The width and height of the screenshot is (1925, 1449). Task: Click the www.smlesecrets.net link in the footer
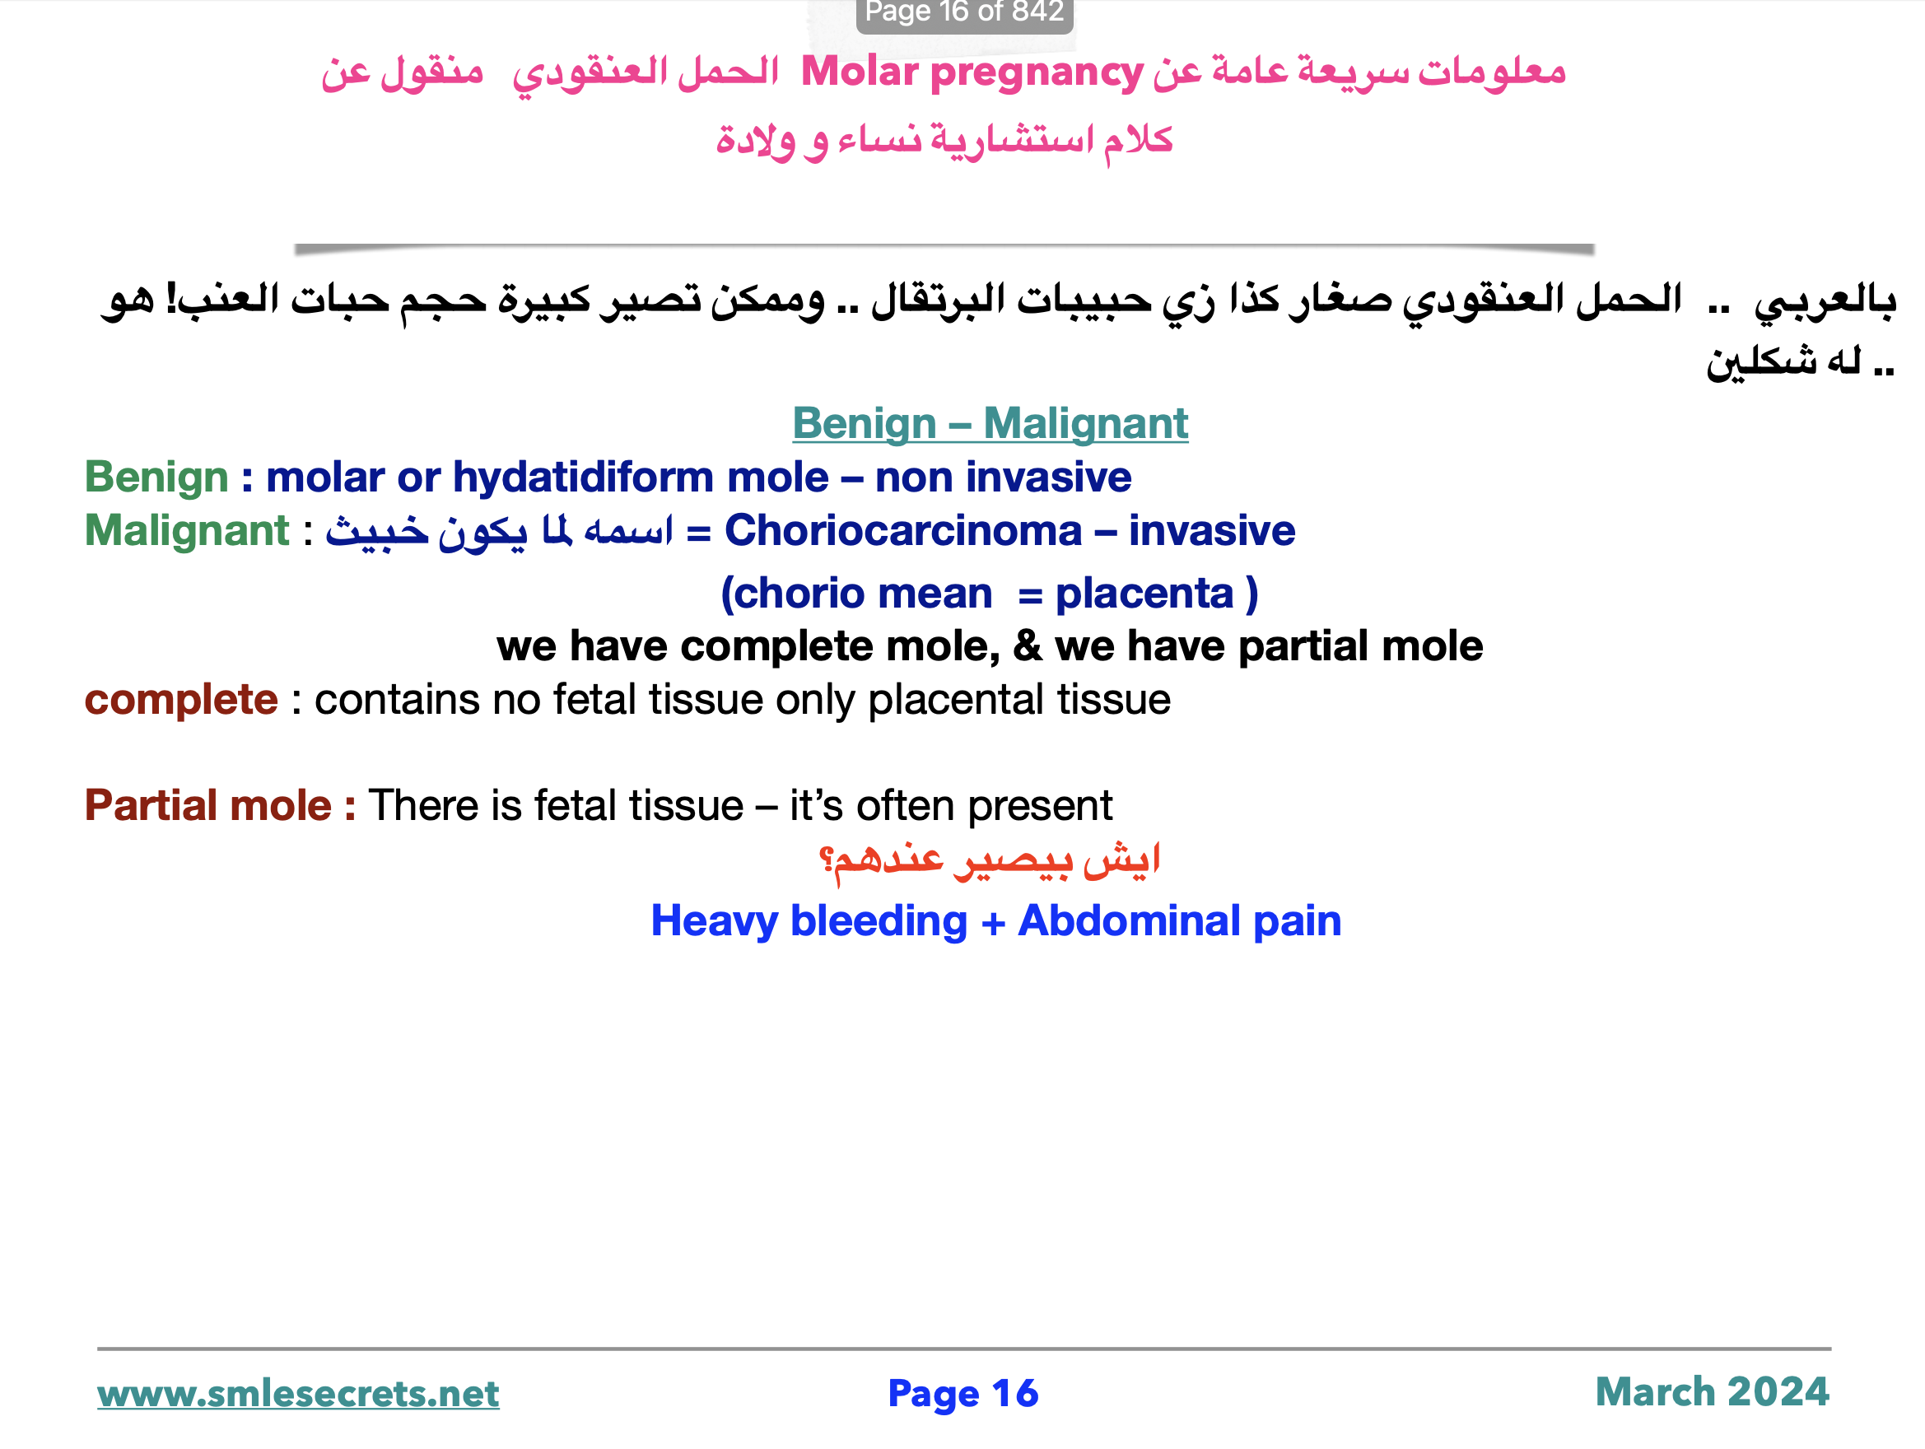click(297, 1394)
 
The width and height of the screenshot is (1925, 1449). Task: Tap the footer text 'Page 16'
click(962, 1393)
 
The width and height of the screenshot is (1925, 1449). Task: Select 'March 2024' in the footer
click(1712, 1391)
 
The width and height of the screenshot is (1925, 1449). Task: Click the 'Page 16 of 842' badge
click(963, 13)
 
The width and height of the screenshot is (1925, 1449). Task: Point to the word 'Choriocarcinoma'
click(902, 531)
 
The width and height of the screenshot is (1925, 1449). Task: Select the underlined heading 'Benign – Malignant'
click(990, 425)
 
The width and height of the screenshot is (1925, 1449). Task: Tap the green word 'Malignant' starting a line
click(186, 531)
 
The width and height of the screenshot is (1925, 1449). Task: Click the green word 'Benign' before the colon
click(156, 478)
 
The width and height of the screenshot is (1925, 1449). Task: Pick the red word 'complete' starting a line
click(181, 700)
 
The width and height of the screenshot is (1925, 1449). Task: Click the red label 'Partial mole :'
click(220, 805)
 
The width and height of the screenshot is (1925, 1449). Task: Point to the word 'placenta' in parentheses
click(1144, 594)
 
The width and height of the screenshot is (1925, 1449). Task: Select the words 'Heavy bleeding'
click(809, 920)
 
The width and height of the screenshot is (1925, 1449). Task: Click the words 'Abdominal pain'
click(1179, 920)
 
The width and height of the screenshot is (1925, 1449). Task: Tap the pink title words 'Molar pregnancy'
click(972, 72)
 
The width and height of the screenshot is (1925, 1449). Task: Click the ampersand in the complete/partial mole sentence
click(1027, 646)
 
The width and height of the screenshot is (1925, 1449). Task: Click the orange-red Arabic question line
click(990, 860)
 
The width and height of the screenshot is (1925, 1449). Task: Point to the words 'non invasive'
click(1003, 478)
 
